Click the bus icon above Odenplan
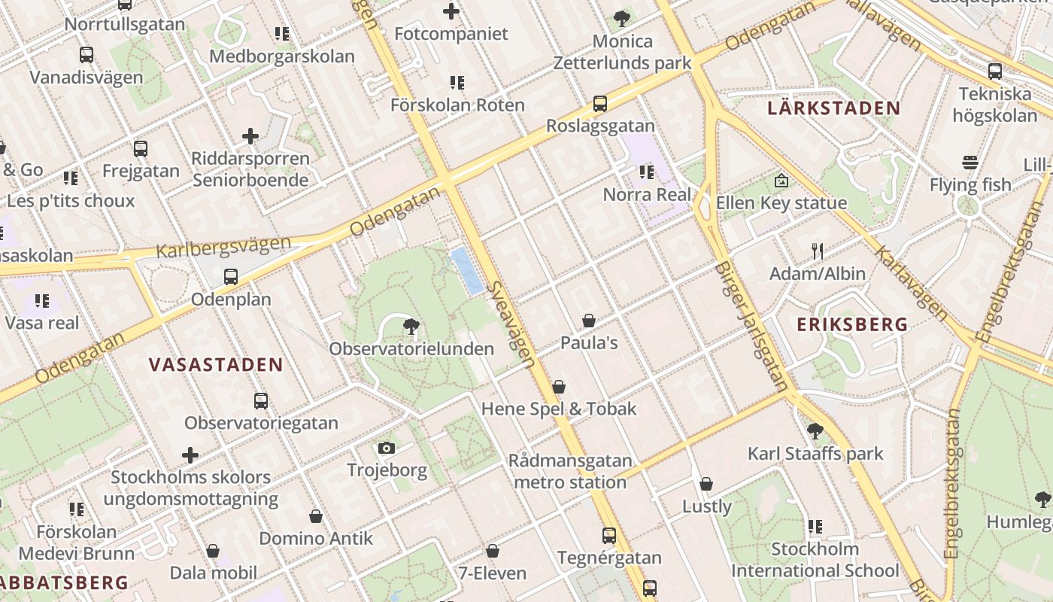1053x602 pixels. [x=231, y=276]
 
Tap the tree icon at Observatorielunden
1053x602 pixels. [x=411, y=326]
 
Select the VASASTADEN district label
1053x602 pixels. [x=216, y=365]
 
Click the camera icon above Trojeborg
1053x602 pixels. [x=387, y=448]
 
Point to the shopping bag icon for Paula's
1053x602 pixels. [x=589, y=321]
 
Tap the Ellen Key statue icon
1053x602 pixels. [x=781, y=181]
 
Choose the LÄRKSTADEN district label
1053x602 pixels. [x=833, y=108]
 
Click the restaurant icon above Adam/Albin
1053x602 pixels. [x=818, y=251]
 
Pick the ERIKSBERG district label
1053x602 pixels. [x=852, y=324]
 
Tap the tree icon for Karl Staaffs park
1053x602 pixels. [x=815, y=431]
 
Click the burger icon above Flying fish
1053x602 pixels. [x=970, y=163]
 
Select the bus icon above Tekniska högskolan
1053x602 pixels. [x=995, y=71]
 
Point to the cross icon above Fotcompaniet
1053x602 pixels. [x=451, y=11]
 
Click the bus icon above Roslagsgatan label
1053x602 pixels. [x=599, y=104]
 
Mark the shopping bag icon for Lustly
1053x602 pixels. [x=706, y=484]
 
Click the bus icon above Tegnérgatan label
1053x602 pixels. [x=609, y=536]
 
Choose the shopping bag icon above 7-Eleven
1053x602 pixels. [x=493, y=552]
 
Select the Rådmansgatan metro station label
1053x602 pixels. [x=569, y=471]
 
